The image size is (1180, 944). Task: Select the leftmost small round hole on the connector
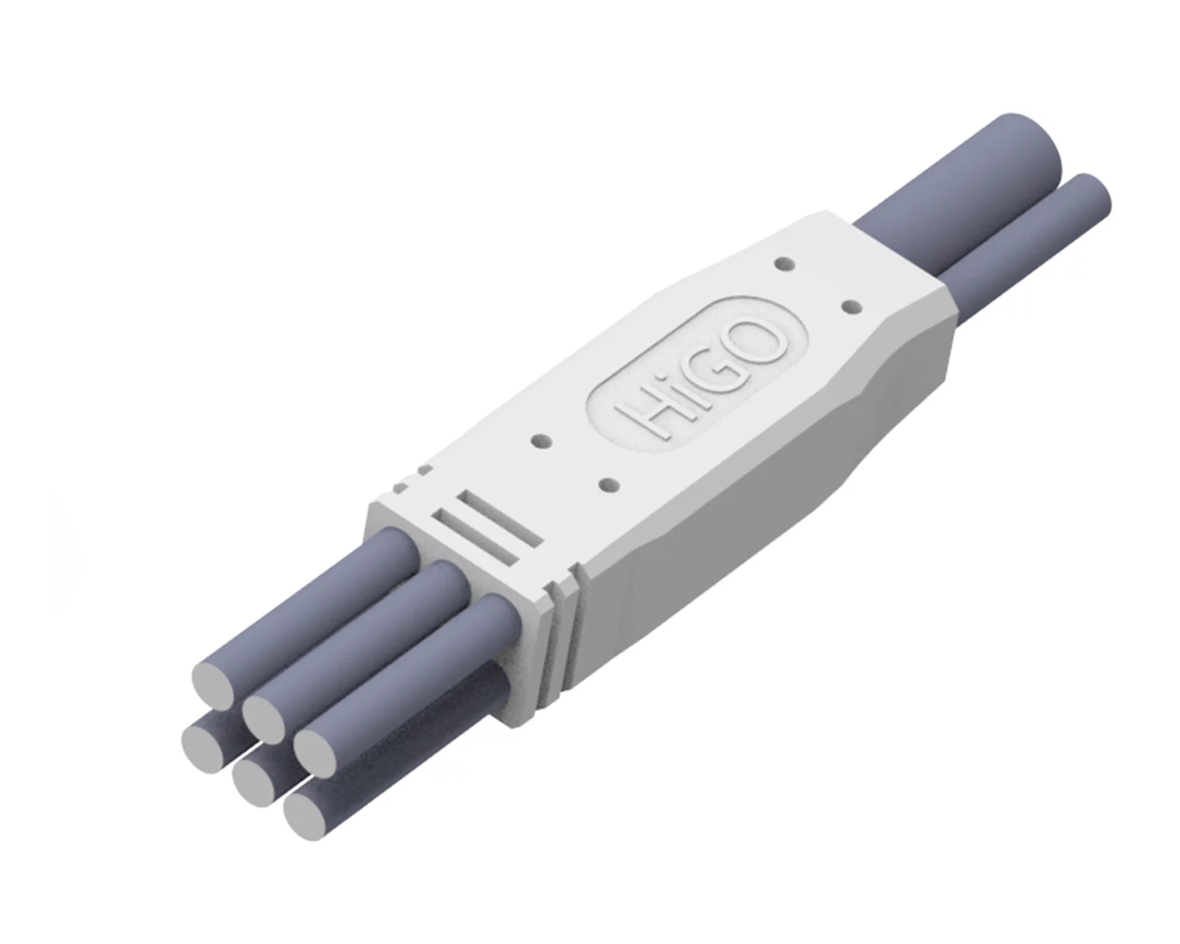(x=543, y=441)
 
